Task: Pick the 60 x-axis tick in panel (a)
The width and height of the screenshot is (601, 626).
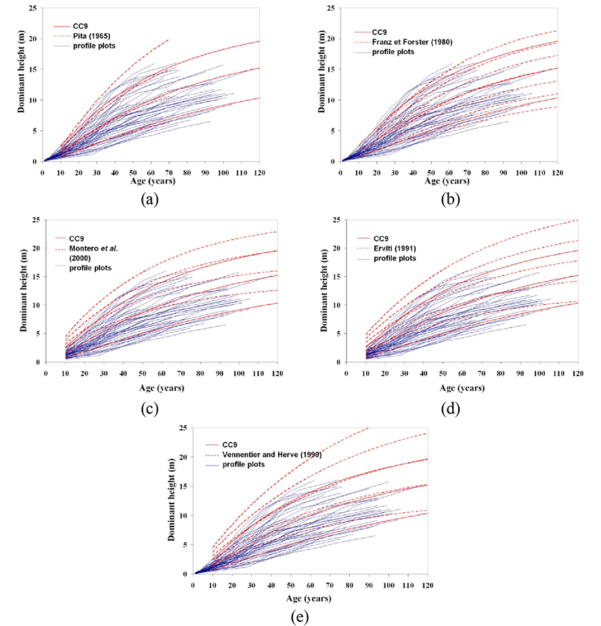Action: (151, 172)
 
